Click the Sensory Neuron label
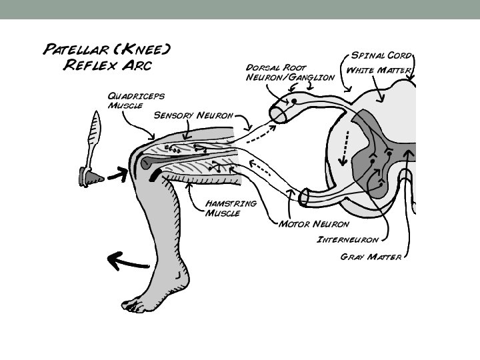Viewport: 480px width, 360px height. coord(193,115)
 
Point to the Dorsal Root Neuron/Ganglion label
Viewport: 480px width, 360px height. coord(289,72)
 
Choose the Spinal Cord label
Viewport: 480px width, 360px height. coord(381,55)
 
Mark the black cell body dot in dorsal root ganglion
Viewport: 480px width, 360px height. coord(294,101)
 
